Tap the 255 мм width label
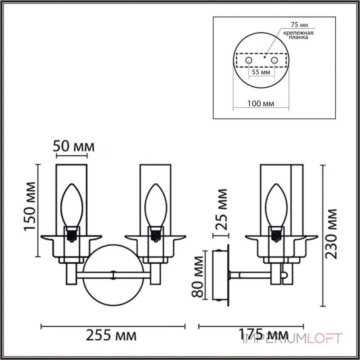click(112, 336)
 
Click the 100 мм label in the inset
click(261, 103)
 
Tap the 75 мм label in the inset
click(296, 26)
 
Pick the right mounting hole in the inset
click(274, 59)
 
